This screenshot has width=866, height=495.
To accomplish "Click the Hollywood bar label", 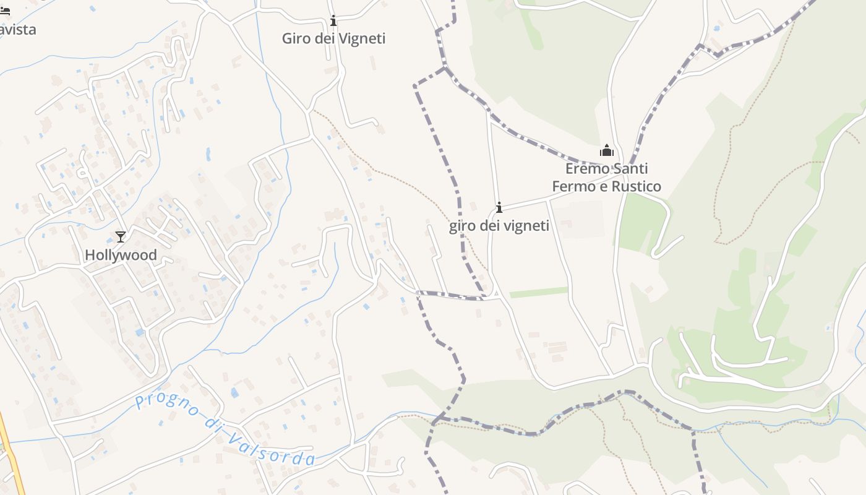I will point(121,255).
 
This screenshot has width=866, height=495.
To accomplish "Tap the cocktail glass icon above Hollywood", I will point(121,236).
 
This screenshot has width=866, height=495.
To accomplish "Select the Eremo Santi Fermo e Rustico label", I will point(606,178).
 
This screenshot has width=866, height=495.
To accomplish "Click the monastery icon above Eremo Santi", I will point(606,150).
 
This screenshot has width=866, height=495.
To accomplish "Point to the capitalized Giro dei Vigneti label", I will point(333,38).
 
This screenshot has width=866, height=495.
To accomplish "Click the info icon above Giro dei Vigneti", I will point(333,21).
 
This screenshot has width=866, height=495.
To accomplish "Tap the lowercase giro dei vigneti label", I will point(499,226).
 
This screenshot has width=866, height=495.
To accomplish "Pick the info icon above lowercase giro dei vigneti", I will point(499,207).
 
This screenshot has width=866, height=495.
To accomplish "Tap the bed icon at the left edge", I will point(5,11).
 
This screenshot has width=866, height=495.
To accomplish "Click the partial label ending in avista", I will point(17,29).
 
